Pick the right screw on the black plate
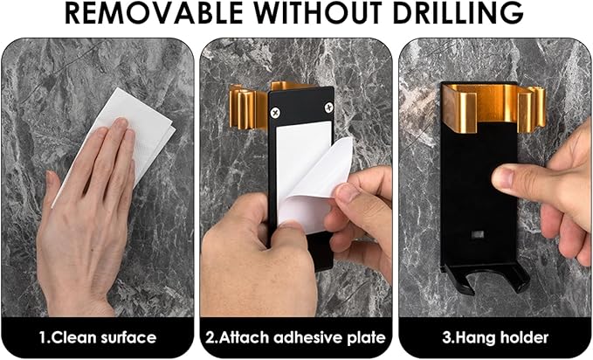click(x=328, y=107)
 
